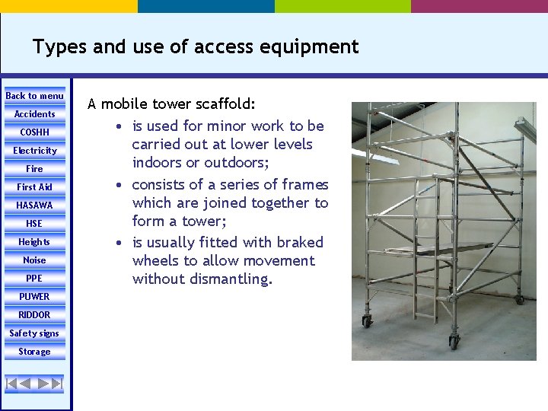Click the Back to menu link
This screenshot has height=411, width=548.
click(x=35, y=96)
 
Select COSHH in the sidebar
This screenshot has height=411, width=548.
click(x=35, y=132)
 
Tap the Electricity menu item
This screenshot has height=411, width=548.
click(x=35, y=151)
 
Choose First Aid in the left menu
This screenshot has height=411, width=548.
click(x=35, y=187)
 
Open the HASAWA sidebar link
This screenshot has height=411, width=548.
click(x=35, y=205)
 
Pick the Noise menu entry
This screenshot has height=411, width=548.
click(x=35, y=260)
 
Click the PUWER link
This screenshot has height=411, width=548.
click(x=35, y=297)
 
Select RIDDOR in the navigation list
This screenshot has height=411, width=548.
click(x=35, y=315)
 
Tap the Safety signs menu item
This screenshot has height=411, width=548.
click(x=35, y=333)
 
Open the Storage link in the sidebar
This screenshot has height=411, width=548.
click(x=35, y=352)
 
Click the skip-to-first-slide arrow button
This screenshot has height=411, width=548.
click(x=12, y=383)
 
